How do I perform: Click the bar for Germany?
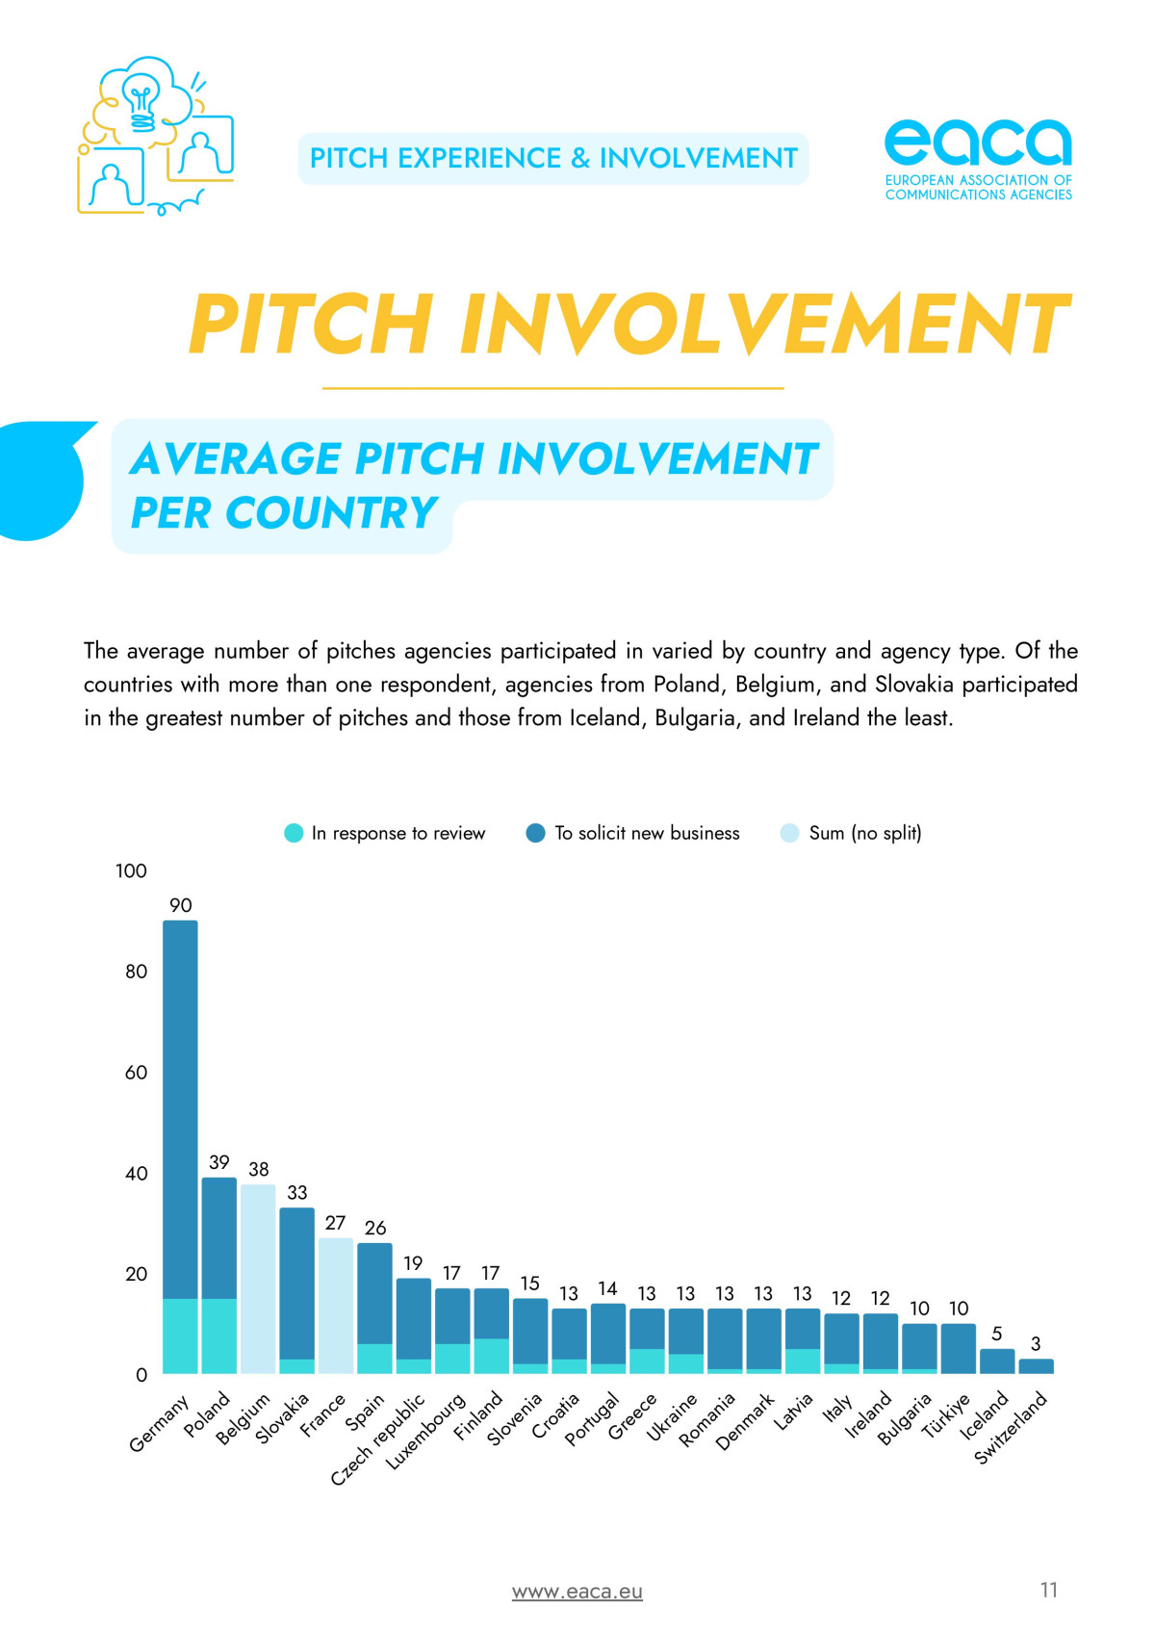click(180, 1146)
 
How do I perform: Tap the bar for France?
click(336, 1306)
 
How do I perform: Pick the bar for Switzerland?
click(1036, 1366)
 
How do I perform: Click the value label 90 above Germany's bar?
click(181, 905)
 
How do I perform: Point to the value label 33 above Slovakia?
click(297, 1193)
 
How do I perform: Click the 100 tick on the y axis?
click(131, 871)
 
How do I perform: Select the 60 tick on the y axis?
click(136, 1073)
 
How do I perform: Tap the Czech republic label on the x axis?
click(377, 1439)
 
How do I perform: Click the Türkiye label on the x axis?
click(946, 1415)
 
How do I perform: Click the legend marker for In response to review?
click(294, 833)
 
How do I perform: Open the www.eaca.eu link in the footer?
click(577, 1592)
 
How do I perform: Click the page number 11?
click(1049, 1590)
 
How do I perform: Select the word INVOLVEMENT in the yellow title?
click(765, 324)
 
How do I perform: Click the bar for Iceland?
click(997, 1361)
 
